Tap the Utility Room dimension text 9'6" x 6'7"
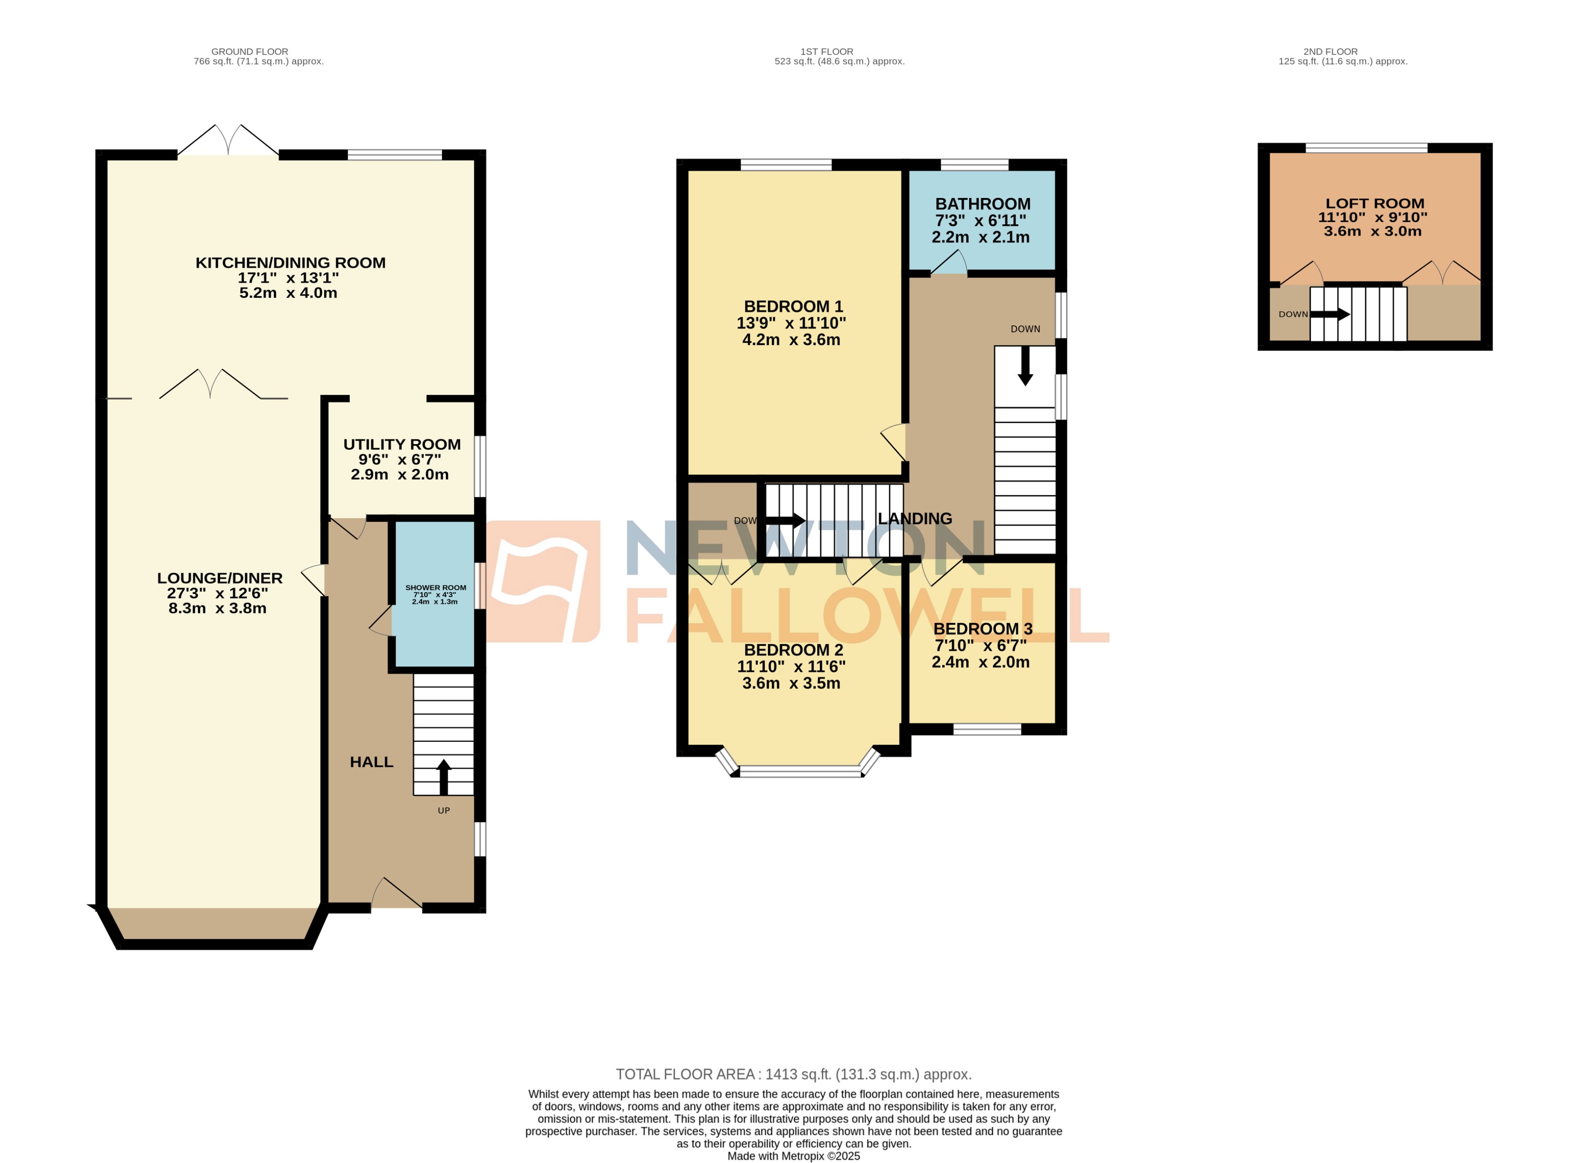(x=399, y=460)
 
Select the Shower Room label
(x=435, y=587)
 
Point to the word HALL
(x=371, y=762)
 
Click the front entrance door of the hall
(x=396, y=894)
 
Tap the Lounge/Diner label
(x=220, y=578)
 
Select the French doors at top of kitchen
(x=228, y=141)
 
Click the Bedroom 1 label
(x=793, y=306)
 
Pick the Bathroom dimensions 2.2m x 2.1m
(x=980, y=237)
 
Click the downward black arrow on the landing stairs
(x=1025, y=366)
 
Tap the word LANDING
(x=915, y=519)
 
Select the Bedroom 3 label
(x=982, y=629)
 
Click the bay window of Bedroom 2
(x=799, y=772)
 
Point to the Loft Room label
(x=1374, y=204)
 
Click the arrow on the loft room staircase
(x=1329, y=314)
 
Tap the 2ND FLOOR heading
(x=1330, y=51)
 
